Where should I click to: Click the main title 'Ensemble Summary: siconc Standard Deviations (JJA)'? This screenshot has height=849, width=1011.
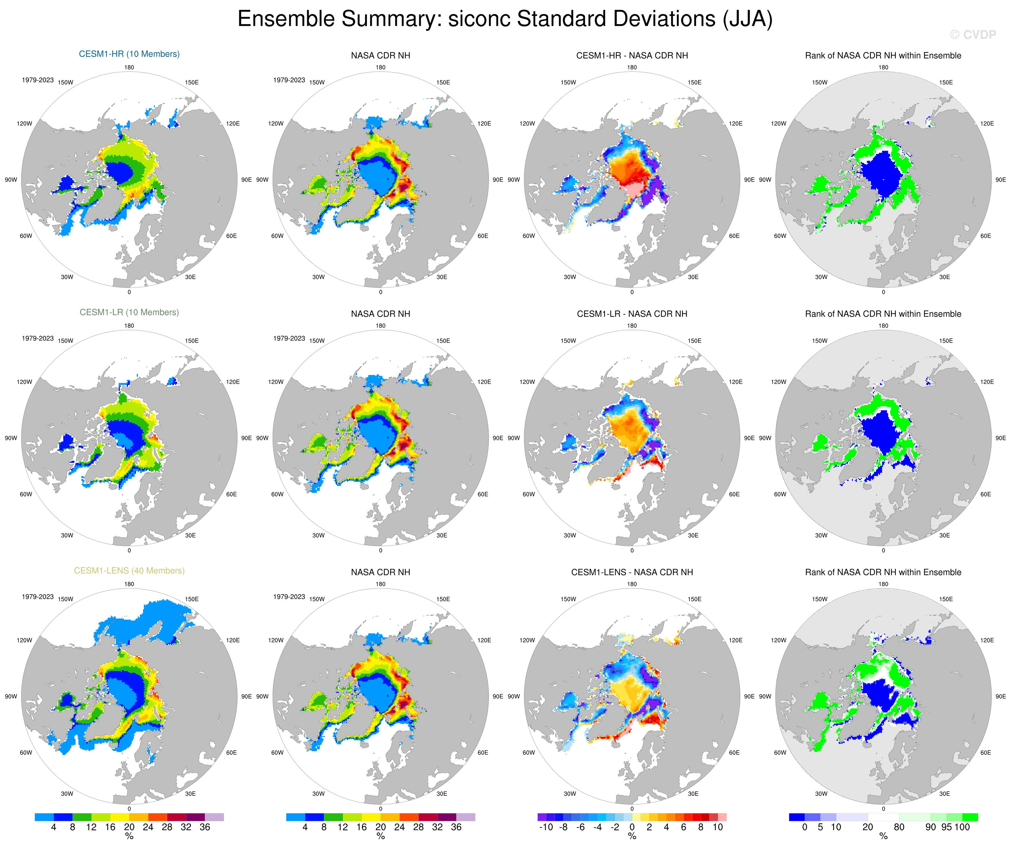coord(505,19)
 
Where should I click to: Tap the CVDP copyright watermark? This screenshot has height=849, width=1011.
coord(973,35)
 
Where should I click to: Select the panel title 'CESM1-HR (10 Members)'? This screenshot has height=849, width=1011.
coord(129,54)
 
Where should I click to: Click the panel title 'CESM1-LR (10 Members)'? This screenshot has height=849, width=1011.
coord(129,312)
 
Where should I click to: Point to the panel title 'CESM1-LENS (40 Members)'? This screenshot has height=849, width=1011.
coord(129,571)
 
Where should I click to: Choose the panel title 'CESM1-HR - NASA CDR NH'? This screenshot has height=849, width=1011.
coord(632,55)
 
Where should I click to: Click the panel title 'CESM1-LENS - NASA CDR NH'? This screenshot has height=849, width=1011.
coord(632,572)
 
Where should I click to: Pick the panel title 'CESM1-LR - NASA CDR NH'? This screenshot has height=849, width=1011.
coord(632,314)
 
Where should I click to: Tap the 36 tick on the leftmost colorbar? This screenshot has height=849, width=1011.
coord(205,827)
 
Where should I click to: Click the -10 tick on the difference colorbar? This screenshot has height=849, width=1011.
coord(546,827)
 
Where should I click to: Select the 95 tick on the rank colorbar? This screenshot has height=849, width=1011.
coord(946,827)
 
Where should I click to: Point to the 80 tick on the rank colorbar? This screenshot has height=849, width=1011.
coord(899,827)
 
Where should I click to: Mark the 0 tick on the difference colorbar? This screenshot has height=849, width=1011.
coord(632,827)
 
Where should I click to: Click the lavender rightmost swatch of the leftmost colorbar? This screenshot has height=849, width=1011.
coord(214,817)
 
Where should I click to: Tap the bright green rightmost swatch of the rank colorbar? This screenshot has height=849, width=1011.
coord(970,817)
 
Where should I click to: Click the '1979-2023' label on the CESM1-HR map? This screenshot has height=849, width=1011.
coord(38,80)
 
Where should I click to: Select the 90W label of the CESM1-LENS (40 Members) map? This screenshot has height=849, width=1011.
coord(11,696)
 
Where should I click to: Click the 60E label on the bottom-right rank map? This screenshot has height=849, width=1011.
coord(985,753)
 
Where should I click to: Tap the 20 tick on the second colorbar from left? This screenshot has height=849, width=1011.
coord(380,827)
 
